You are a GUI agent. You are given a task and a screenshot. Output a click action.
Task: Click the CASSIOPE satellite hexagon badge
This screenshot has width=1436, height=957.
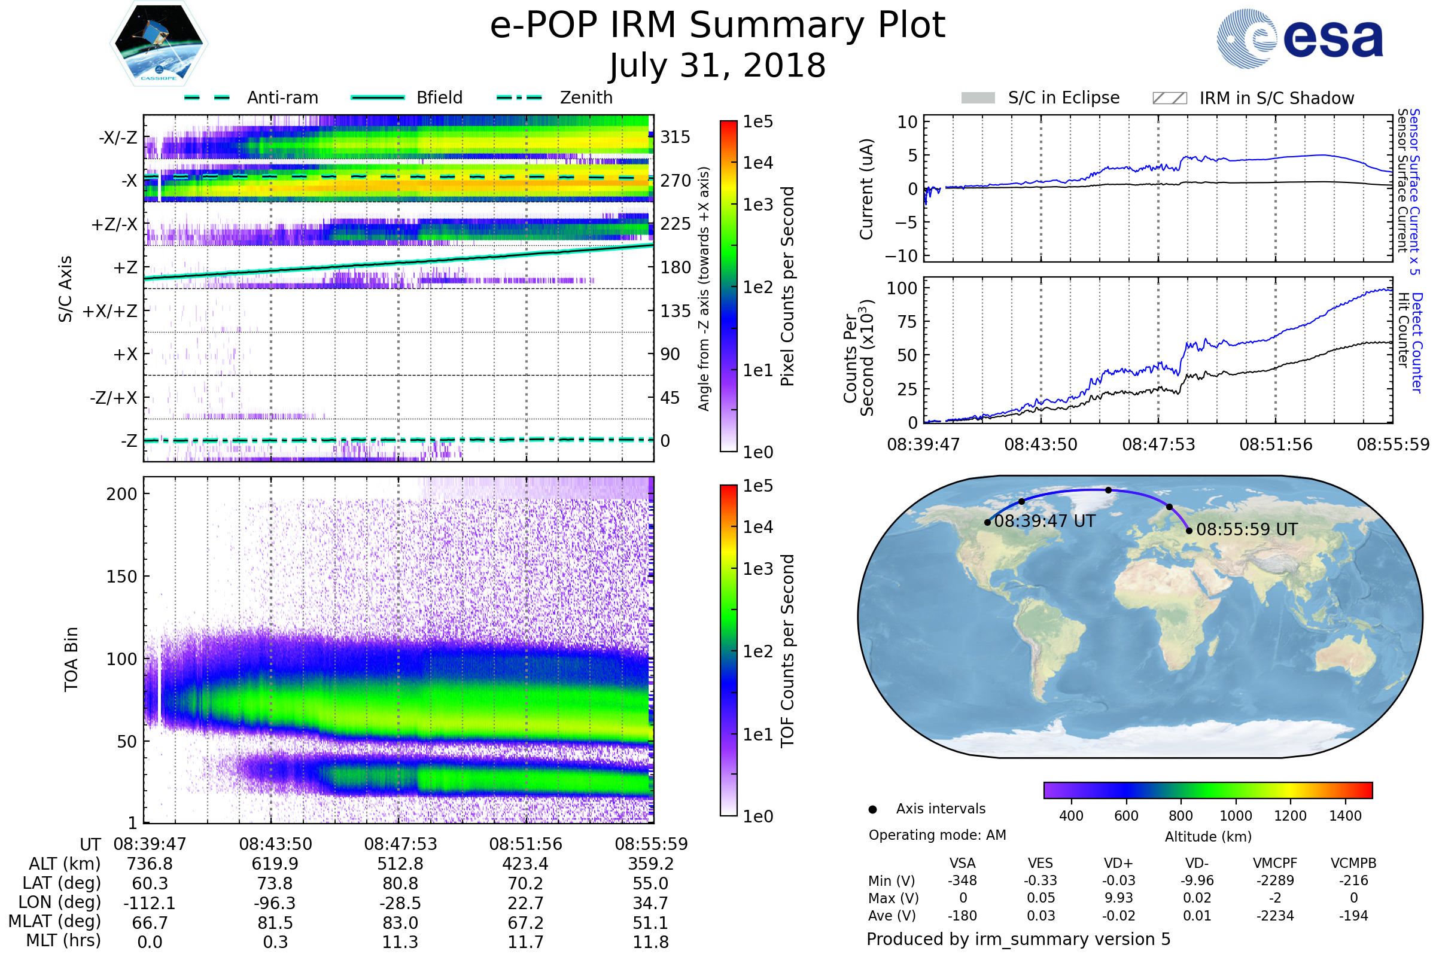(x=159, y=43)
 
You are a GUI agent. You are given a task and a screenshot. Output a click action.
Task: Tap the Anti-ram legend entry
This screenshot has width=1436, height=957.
(x=251, y=97)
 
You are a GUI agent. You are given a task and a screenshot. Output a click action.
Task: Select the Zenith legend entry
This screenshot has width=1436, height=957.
(x=555, y=97)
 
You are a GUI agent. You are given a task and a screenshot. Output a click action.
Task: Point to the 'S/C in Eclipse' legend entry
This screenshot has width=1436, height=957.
(x=1041, y=97)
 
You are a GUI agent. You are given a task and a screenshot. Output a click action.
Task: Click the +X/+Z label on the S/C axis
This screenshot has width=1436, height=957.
(x=110, y=311)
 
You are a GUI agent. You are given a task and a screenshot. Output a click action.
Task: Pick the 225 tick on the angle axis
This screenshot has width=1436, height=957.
(x=676, y=224)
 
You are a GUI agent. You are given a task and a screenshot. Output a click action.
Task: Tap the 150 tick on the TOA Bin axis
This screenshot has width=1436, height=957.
(x=121, y=577)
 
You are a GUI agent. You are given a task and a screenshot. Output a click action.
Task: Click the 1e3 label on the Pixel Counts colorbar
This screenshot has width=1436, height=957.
(x=757, y=205)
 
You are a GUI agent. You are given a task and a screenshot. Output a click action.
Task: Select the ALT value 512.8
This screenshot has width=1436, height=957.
(x=400, y=864)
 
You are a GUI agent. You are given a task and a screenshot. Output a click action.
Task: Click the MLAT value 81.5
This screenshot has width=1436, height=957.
(x=275, y=923)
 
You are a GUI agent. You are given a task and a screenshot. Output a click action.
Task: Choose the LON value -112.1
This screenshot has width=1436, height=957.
(x=150, y=903)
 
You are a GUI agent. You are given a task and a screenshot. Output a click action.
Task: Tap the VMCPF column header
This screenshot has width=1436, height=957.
(x=1275, y=864)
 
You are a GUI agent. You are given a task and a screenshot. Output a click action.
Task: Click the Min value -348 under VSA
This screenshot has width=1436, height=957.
(x=962, y=880)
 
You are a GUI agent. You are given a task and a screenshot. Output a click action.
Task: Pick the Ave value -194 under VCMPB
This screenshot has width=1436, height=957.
(x=1353, y=916)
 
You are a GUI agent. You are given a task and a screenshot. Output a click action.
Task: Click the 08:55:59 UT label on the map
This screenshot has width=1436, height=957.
(x=1247, y=530)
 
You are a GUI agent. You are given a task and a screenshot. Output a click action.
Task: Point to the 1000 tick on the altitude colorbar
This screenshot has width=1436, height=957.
(x=1236, y=816)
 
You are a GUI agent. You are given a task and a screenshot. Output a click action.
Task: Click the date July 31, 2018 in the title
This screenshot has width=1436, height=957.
(x=717, y=65)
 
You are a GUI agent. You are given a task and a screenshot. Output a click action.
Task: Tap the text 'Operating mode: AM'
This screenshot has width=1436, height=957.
(x=937, y=835)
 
